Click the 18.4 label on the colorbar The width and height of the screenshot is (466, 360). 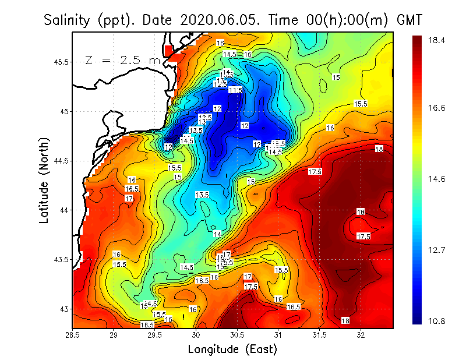(x=437, y=40)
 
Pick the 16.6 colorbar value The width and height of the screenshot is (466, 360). (x=437, y=108)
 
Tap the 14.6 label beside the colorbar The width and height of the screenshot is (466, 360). (x=437, y=179)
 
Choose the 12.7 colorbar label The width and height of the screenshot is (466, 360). (x=437, y=250)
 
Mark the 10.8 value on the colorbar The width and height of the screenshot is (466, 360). (x=437, y=321)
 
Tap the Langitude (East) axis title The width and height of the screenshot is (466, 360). (x=232, y=350)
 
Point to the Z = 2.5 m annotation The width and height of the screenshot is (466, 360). (x=122, y=60)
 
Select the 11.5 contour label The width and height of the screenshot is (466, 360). (x=235, y=90)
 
